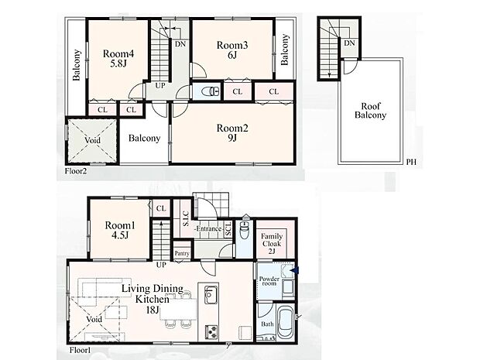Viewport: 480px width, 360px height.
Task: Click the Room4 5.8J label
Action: (x=118, y=59)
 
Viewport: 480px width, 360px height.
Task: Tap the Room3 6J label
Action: (x=232, y=50)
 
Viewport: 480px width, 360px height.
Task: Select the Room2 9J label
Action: (x=232, y=132)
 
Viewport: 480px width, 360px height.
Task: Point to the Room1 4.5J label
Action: (x=120, y=230)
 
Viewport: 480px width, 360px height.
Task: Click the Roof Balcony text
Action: (x=370, y=111)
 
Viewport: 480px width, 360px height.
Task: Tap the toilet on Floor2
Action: (x=210, y=91)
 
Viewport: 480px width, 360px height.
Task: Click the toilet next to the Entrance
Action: (x=245, y=230)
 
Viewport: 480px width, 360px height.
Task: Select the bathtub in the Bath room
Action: (x=286, y=323)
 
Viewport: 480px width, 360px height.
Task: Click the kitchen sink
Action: (x=211, y=294)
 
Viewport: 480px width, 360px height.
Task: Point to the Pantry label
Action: (x=182, y=253)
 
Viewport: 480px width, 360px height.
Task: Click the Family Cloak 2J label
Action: (x=272, y=244)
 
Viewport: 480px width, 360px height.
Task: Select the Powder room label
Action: (x=269, y=281)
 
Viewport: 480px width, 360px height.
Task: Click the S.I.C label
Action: (x=186, y=218)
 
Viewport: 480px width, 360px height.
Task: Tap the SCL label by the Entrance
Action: (x=228, y=229)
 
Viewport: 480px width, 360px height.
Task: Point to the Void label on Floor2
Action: (x=92, y=140)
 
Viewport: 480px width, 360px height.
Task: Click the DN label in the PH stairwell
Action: (x=349, y=43)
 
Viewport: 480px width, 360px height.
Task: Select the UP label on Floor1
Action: (x=161, y=265)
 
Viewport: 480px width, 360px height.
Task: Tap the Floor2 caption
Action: (x=76, y=171)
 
